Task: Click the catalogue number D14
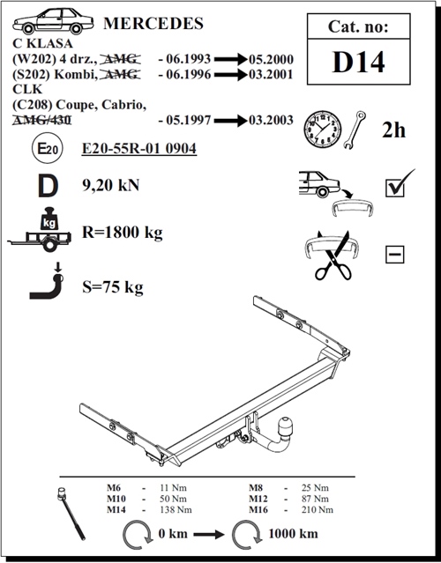tap(358, 63)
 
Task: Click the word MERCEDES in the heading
tap(153, 23)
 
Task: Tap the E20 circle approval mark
tap(48, 148)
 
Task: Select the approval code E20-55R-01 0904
tap(139, 149)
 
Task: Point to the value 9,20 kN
tap(111, 185)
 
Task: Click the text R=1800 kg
tap(123, 233)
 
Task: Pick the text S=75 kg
tap(113, 287)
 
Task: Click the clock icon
tap(323, 129)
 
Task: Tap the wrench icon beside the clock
tap(355, 130)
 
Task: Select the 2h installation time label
tap(393, 130)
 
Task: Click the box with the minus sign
tap(394, 255)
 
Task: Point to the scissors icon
tap(333, 257)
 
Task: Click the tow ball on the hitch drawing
tap(286, 426)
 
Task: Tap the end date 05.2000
tap(271, 59)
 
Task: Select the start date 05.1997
tap(189, 120)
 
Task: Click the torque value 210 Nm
tap(318, 509)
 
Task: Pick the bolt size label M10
tap(116, 499)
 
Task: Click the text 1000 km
tap(293, 534)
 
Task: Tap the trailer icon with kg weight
tap(40, 229)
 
